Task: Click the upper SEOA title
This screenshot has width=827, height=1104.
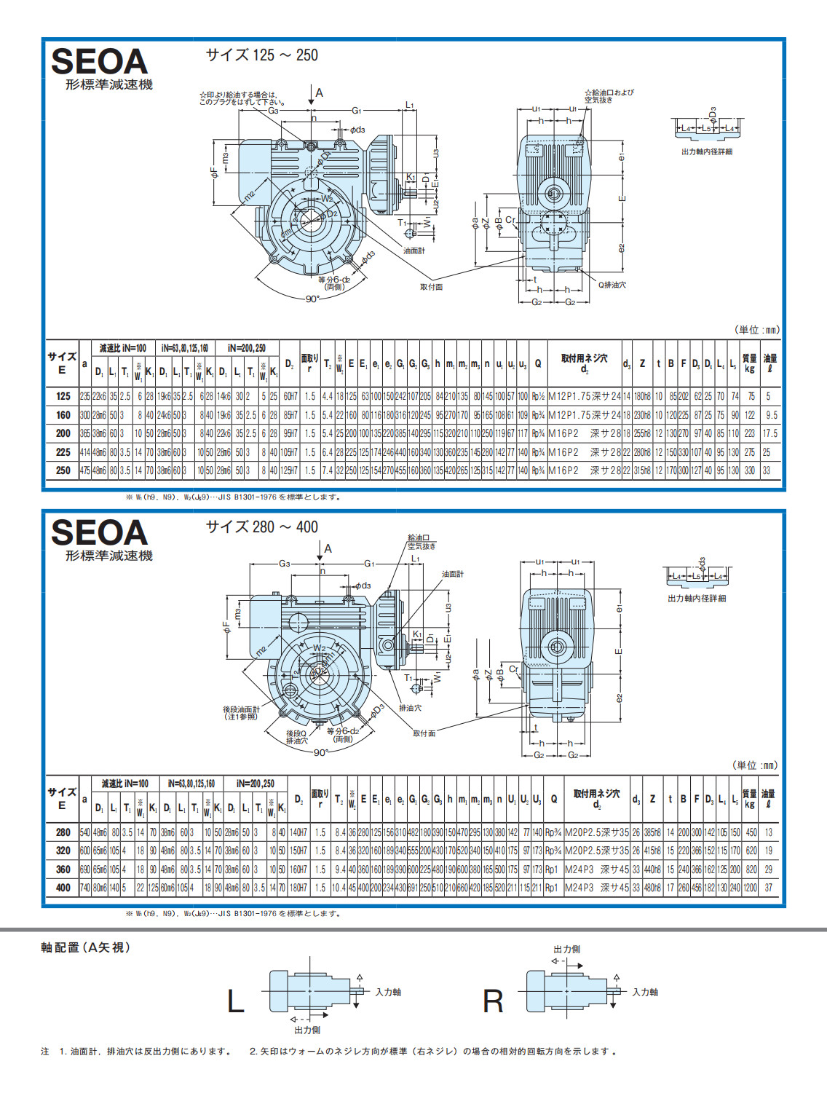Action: tap(99, 62)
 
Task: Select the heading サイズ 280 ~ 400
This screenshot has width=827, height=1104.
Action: tap(261, 527)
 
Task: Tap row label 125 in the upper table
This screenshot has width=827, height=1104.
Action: tap(63, 396)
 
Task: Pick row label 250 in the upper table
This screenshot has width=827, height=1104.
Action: tap(63, 470)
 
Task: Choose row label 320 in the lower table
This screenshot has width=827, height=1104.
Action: tap(63, 851)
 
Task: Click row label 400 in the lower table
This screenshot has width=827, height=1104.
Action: tap(63, 888)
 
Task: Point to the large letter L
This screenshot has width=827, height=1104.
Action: tap(235, 1001)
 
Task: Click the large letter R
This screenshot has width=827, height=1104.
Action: tap(493, 1001)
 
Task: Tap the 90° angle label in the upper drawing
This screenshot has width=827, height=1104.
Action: tap(312, 299)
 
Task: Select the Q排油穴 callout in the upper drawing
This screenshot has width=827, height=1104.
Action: tap(612, 285)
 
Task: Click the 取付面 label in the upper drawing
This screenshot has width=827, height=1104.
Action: tap(431, 287)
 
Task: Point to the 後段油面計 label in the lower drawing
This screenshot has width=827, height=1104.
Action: tap(241, 709)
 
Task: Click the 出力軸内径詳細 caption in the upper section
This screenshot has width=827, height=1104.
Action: tap(706, 151)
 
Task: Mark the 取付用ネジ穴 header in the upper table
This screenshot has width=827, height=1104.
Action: tap(584, 358)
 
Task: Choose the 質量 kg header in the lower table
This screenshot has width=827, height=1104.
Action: tap(749, 799)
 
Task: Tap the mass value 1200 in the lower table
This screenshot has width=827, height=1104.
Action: tap(750, 888)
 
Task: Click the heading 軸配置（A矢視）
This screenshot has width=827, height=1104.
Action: tap(85, 947)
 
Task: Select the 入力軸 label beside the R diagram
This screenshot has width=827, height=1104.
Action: tap(644, 992)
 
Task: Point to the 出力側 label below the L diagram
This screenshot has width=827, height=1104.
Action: tap(307, 1030)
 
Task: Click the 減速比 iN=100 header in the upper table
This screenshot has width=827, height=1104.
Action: tap(122, 348)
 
